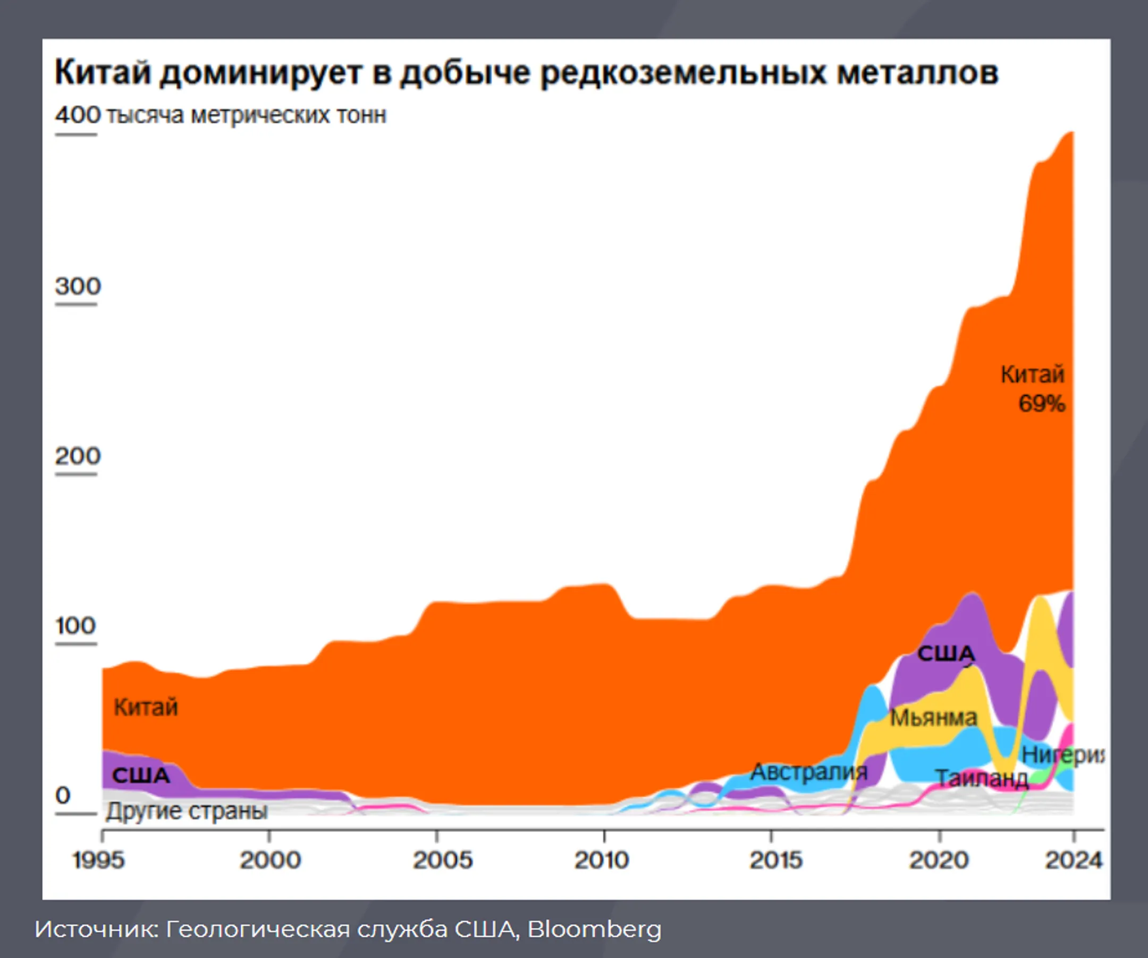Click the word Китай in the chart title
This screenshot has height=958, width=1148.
click(x=102, y=73)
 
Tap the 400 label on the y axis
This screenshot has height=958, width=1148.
click(x=78, y=115)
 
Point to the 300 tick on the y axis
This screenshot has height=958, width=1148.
click(x=78, y=286)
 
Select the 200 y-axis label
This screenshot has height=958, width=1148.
click(x=78, y=456)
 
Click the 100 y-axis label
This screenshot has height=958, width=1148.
click(x=75, y=626)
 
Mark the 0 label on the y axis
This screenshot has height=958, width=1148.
click(x=63, y=796)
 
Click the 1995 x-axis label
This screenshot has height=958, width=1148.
click(x=98, y=860)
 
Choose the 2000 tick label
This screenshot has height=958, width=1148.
click(x=270, y=860)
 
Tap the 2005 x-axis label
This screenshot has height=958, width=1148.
click(x=442, y=860)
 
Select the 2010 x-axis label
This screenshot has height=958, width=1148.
click(x=601, y=860)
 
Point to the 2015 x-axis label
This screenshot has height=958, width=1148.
click(x=775, y=860)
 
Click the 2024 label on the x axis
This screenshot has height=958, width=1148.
click(x=1074, y=860)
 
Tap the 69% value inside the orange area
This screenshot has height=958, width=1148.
click(x=1041, y=404)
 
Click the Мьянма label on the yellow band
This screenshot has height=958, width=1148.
click(x=933, y=718)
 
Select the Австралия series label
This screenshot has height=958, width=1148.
click(x=809, y=772)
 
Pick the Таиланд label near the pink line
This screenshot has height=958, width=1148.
click(x=982, y=779)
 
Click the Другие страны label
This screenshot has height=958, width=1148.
click(x=187, y=811)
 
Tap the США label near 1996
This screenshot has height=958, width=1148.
click(x=141, y=775)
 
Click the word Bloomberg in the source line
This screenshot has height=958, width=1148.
click(x=594, y=928)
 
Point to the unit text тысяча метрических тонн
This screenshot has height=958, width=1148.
click(x=246, y=115)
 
